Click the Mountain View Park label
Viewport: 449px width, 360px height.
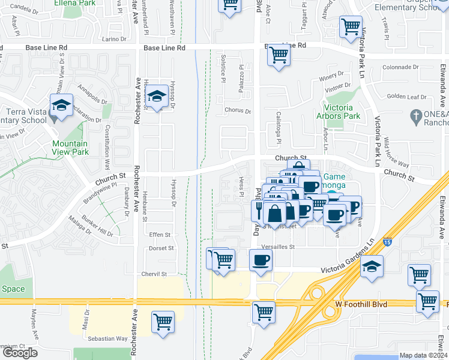(x=70, y=148)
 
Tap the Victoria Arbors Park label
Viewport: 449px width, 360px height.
(x=339, y=112)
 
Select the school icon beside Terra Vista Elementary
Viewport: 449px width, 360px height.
(x=61, y=106)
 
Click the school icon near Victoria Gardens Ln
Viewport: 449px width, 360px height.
(x=372, y=266)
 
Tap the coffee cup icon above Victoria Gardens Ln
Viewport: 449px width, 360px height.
(x=261, y=260)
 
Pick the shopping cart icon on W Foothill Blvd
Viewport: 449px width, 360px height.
(x=264, y=312)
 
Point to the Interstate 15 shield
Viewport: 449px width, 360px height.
(x=387, y=242)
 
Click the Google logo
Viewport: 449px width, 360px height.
(x=20, y=353)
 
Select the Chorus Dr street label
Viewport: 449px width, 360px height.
(x=237, y=110)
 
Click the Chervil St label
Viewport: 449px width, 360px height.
(x=154, y=274)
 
